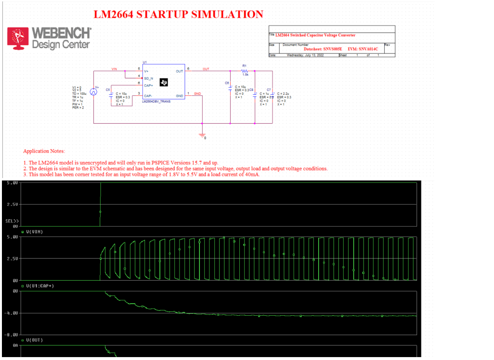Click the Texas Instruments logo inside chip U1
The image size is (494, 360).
164,83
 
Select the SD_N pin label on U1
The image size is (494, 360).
148,78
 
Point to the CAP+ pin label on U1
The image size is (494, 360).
148,85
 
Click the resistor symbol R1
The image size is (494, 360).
245,71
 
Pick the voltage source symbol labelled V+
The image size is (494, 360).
95,90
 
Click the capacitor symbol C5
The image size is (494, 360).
111,94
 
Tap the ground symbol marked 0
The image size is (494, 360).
202,134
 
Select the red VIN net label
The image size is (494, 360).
114,69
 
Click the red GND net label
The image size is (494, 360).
197,93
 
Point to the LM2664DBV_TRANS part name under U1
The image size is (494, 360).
156,102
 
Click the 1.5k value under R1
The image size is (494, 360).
245,75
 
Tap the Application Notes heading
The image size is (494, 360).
44,151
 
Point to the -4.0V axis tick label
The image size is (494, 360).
12,313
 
